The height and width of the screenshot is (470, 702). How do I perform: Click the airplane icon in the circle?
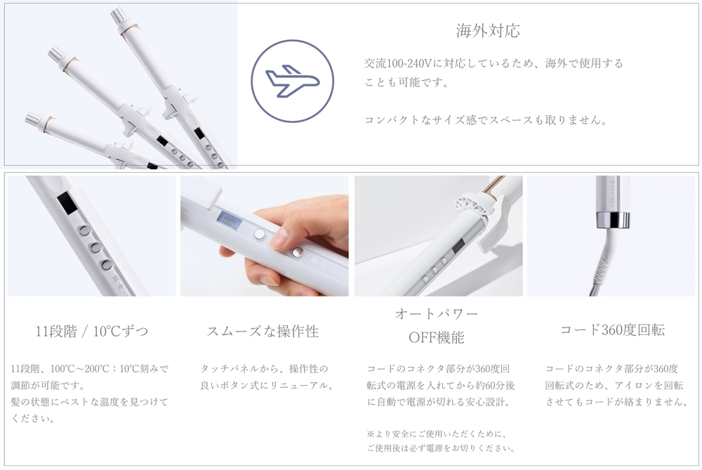[x=292, y=81]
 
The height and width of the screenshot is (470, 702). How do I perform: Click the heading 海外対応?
[x=488, y=30]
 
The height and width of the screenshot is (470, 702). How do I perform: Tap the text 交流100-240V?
[x=398, y=64]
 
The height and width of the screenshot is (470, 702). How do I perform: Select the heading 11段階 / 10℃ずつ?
[x=92, y=331]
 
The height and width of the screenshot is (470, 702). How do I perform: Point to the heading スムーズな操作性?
[x=263, y=331]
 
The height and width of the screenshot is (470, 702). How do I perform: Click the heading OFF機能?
[x=437, y=337]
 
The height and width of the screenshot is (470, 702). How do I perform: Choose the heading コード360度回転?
[x=612, y=329]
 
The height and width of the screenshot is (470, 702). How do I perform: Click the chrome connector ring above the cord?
[x=612, y=220]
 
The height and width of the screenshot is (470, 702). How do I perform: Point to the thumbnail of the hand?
[x=264, y=235]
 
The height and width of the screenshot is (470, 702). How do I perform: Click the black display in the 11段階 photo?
[x=66, y=204]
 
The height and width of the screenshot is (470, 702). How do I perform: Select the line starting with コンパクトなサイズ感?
[x=486, y=120]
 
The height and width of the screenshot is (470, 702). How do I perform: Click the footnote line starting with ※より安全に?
[x=437, y=433]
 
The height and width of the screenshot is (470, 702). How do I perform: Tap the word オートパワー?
[x=437, y=313]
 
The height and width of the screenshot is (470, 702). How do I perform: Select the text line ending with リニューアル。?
[x=267, y=385]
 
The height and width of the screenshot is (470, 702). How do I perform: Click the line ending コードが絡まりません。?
[x=617, y=402]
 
